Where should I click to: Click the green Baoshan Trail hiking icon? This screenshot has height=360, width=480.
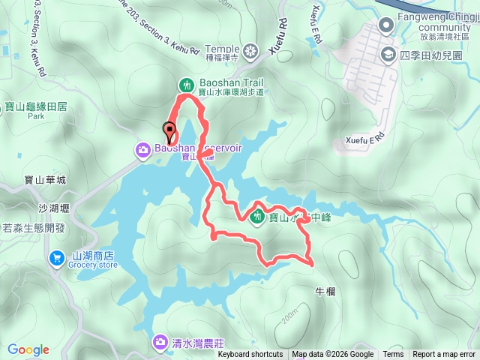[185, 83]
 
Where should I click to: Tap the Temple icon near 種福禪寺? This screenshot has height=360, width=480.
[251, 50]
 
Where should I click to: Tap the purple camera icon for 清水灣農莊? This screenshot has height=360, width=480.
[160, 343]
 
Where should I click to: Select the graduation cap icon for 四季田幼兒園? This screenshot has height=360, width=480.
[388, 53]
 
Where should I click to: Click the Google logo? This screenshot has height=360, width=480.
[28, 349]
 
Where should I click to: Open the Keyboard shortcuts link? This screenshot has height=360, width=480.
[250, 355]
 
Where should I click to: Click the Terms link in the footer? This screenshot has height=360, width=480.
[393, 355]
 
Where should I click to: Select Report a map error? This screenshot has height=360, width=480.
[443, 355]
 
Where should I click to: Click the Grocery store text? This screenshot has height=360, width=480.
[93, 265]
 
